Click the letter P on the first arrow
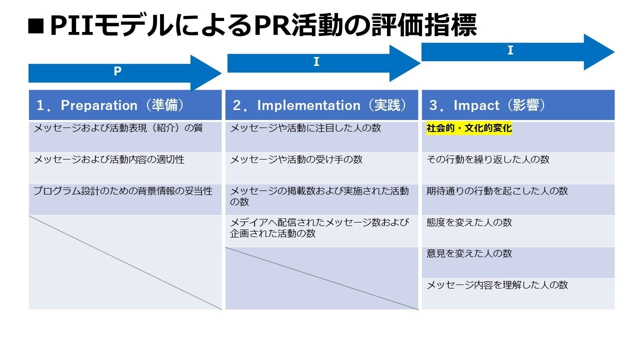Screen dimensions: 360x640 coord(117,71)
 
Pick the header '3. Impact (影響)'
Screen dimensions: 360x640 coord(487,105)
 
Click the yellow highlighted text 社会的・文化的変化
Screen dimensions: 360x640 coord(469,129)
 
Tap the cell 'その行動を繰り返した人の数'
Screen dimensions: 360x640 coord(487,160)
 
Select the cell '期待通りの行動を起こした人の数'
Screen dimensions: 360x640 coord(497,191)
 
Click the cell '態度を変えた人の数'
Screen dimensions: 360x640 coord(469,223)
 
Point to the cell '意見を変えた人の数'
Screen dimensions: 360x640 coord(469,254)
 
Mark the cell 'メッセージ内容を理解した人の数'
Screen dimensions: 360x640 coord(497,285)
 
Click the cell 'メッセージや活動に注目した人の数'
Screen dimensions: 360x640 coord(305,128)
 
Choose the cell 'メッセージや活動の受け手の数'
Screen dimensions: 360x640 coord(296,160)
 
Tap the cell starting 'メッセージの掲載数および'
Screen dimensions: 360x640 coord(319,196)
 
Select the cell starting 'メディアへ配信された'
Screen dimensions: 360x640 coord(319,228)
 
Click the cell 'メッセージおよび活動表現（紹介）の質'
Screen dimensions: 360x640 coord(118,128)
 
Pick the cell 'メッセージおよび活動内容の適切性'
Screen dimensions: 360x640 coord(109,160)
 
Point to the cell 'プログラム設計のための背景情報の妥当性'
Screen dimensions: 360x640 coord(123,191)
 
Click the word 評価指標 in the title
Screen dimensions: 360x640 coord(423,25)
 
